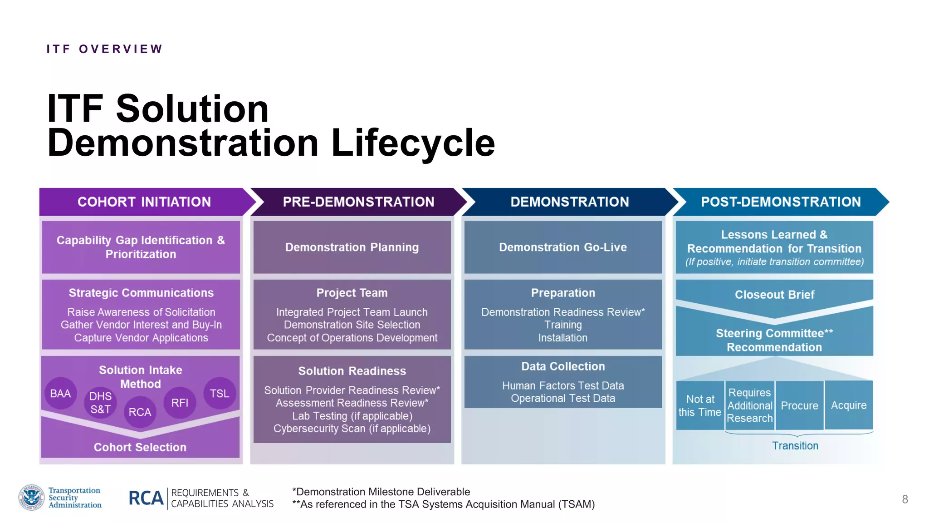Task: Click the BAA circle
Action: [x=60, y=393]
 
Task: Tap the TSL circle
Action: [x=220, y=393]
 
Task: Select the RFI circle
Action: [x=180, y=402]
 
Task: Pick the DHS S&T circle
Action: [x=100, y=403]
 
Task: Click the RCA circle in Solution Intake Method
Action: [x=140, y=412]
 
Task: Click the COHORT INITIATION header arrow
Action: [x=144, y=202]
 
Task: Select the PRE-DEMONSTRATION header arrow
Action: [x=358, y=202]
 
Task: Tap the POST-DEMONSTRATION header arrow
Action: [x=780, y=202]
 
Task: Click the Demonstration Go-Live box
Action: [x=563, y=247]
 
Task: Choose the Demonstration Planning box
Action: [x=352, y=247]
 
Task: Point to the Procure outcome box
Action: [x=799, y=405]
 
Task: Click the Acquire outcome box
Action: [x=849, y=405]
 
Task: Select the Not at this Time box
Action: [x=700, y=405]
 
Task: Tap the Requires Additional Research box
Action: [x=750, y=405]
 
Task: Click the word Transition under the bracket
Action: [x=795, y=446]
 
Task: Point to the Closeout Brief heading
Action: [x=774, y=295]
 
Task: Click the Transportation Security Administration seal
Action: [x=31, y=497]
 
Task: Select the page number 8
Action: [x=905, y=499]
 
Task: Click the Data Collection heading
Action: [x=563, y=366]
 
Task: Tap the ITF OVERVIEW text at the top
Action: [x=104, y=49]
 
